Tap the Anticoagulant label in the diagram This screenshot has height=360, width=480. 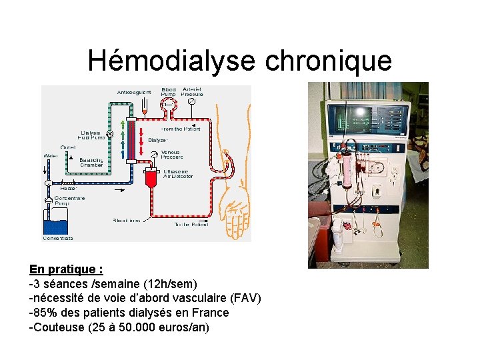(134, 92)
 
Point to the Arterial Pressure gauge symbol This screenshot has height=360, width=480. (192, 103)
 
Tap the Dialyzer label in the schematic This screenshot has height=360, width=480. (158, 140)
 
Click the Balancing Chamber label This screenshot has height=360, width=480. (91, 163)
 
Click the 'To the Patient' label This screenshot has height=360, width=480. (191, 225)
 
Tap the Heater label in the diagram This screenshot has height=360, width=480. (69, 189)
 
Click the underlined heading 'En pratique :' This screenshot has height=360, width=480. (66, 269)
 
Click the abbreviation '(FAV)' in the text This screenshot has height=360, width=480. (246, 298)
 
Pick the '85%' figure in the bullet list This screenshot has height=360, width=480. (43, 313)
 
